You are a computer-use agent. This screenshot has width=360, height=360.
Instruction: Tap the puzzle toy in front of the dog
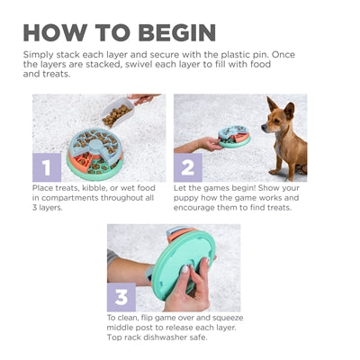coord(234,138)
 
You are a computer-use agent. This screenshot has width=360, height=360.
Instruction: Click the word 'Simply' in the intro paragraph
coord(40,54)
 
